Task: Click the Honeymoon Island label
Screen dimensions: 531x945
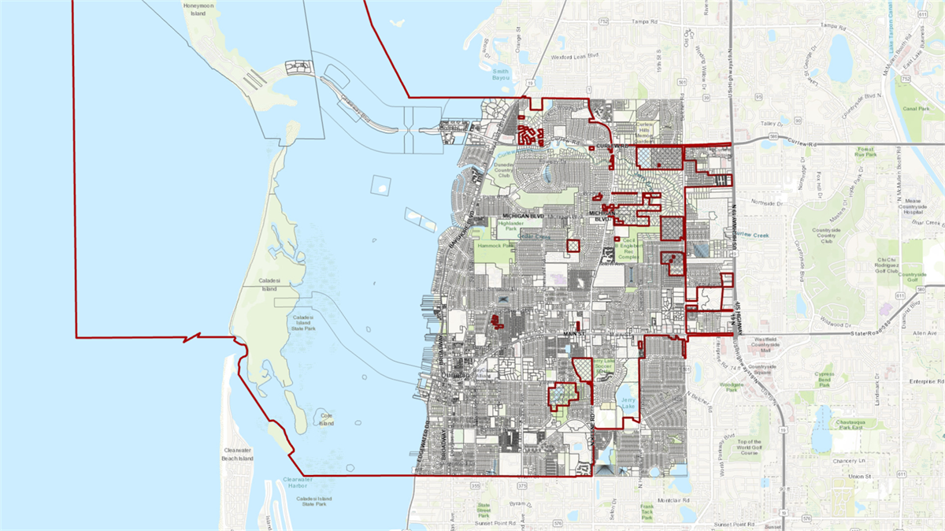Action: coord(198,9)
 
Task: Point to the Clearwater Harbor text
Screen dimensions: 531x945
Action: coord(298,482)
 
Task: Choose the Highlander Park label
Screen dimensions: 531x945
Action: coord(511,225)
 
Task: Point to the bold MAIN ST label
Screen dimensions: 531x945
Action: coord(576,334)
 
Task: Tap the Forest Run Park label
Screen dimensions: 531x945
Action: coord(865,151)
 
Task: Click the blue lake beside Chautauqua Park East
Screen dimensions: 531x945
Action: coord(823,437)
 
